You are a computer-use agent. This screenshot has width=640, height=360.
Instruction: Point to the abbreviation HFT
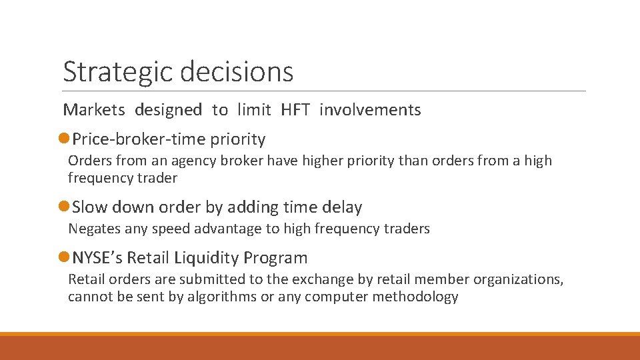tap(295, 110)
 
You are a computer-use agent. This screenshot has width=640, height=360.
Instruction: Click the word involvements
tap(370, 110)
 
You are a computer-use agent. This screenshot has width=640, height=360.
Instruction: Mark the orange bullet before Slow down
tap(63, 207)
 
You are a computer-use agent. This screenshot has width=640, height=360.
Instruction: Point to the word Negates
tap(93, 229)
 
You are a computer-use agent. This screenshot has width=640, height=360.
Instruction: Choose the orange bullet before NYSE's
tap(63, 257)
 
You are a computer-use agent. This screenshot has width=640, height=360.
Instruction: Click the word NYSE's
tap(97, 257)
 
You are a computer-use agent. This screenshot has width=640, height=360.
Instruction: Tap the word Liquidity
tap(208, 257)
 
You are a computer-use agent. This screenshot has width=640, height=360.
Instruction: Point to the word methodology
tap(415, 297)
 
